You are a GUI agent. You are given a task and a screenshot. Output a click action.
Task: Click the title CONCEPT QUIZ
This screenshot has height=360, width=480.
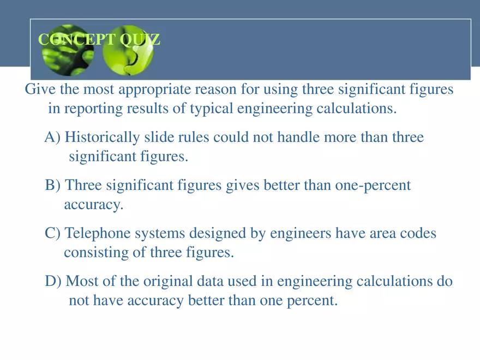[99, 39]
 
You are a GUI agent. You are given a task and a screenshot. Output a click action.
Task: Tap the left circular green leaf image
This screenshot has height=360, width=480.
[68, 50]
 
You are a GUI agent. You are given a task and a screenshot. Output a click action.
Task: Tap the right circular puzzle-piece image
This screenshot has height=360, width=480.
[128, 50]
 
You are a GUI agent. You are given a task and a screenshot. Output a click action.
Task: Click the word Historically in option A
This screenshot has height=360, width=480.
[102, 137]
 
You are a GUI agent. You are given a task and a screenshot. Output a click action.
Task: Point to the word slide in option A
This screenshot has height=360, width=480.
[159, 137]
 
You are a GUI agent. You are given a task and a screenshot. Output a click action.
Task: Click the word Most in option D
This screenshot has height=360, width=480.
[82, 281]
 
